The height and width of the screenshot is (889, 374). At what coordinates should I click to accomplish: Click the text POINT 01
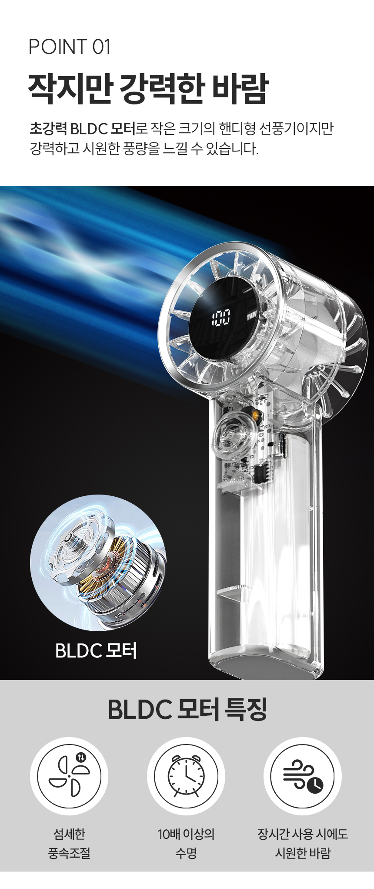[70, 47]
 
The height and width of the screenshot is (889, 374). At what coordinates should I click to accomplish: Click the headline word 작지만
[68, 89]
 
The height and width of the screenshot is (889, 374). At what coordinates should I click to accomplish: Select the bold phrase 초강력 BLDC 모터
[83, 129]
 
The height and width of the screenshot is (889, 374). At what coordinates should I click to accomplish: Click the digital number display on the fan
[220, 318]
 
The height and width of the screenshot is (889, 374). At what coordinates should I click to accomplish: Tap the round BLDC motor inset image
[98, 562]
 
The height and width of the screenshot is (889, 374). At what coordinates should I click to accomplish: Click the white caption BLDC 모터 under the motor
[96, 651]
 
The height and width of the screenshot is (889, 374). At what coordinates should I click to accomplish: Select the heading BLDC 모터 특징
[187, 709]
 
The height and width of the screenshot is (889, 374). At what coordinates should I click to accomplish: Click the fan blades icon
[69, 776]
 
